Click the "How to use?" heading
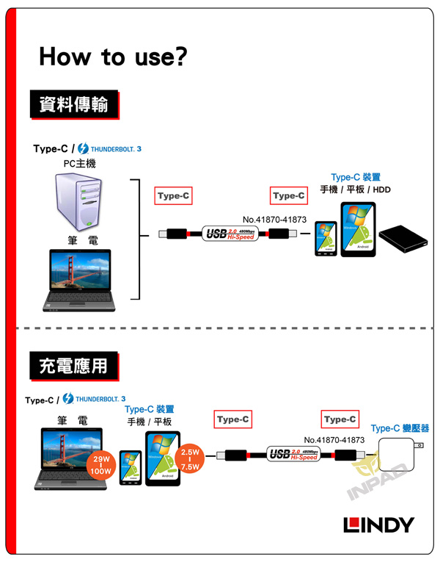pyautogui.click(x=113, y=56)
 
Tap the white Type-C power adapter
pyautogui.click(x=399, y=456)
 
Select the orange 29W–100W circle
pyautogui.click(x=98, y=466)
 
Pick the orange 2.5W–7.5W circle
pyautogui.click(x=190, y=459)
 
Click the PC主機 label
pyautogui.click(x=79, y=163)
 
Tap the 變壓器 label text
pyautogui.click(x=415, y=428)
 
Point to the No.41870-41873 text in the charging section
pyautogui.click(x=334, y=439)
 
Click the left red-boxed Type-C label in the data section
pyautogui.click(x=174, y=195)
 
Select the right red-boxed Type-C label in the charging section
pyautogui.click(x=340, y=419)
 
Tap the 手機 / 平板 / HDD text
pyautogui.click(x=356, y=190)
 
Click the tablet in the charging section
pyautogui.click(x=163, y=458)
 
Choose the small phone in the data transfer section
pyautogui.click(x=325, y=238)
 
